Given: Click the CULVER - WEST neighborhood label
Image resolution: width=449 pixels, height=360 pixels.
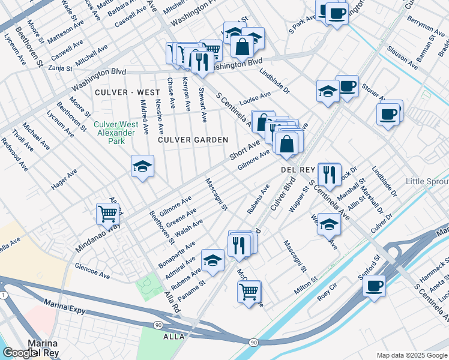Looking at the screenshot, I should [x=127, y=92].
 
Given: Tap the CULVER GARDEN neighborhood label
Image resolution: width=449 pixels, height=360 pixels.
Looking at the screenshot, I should [x=193, y=140].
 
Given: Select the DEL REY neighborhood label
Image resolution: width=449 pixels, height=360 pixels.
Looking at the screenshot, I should [x=298, y=170].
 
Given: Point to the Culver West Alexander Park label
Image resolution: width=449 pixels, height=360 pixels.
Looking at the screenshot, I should [x=116, y=133].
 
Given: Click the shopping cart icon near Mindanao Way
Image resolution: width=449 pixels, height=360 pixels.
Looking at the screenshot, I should [x=107, y=213].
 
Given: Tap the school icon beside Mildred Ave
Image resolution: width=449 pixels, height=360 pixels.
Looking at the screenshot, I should [x=143, y=166].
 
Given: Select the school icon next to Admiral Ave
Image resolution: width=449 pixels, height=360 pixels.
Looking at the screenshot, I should [x=212, y=260].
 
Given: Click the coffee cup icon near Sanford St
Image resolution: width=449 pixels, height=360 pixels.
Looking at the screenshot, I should [x=375, y=285].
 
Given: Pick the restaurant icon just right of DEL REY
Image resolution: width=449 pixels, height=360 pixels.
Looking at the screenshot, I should [x=329, y=174].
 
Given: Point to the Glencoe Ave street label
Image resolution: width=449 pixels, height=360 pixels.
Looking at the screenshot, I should [x=92, y=271].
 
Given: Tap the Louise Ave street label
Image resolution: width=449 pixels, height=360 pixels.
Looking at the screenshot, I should [x=256, y=98].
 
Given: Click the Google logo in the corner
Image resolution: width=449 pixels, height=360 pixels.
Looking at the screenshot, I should [x=20, y=353].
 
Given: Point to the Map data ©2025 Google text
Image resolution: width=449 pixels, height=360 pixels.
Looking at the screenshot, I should [x=411, y=355].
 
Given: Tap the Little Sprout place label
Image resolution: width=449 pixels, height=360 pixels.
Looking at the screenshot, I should [x=427, y=181].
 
